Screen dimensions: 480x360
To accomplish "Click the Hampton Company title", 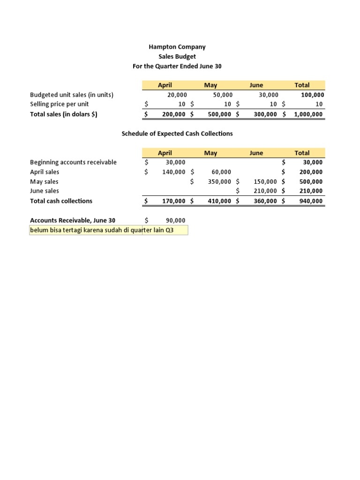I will (177, 47).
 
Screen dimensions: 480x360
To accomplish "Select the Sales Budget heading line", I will (177, 57).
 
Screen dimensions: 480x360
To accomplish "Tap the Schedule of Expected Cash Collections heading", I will (177, 134).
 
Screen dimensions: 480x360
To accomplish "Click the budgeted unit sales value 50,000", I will (223, 95).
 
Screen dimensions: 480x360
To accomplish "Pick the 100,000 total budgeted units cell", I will (312, 95).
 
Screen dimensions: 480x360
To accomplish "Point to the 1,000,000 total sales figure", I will (308, 114).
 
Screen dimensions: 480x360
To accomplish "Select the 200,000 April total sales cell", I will (173, 114).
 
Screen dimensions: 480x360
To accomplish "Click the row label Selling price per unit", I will (59, 104).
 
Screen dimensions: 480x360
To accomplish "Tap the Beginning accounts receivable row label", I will (73, 162).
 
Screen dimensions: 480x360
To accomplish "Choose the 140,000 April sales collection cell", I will (173, 172).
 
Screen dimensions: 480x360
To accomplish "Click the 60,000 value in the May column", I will (221, 172).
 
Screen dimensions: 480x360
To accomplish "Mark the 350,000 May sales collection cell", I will (219, 181).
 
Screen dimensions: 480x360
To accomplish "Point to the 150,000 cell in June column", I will (266, 181).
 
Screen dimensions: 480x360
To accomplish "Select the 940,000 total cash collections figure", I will (311, 201).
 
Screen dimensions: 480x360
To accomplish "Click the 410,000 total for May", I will (219, 201).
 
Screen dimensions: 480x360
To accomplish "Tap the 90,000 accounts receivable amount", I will (175, 220).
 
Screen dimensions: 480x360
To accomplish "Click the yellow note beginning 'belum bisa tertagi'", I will (108, 230).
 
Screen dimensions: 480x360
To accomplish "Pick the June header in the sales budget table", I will (256, 85).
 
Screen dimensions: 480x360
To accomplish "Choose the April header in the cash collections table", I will (165, 153).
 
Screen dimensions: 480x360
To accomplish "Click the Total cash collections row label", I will (61, 201).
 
